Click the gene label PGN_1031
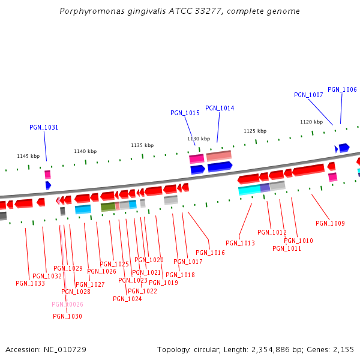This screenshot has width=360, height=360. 44,127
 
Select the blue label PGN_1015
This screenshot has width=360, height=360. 185,113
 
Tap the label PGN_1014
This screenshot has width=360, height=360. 220,108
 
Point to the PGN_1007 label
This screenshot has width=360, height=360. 308,95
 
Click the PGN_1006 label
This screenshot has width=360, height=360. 342,89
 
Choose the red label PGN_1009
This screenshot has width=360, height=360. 330,223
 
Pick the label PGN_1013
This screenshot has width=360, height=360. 240,243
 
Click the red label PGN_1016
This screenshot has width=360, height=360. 210,253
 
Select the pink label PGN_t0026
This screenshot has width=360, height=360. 67,304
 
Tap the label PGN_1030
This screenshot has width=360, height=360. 67,316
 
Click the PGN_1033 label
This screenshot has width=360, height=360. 30,283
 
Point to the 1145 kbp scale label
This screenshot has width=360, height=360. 28,156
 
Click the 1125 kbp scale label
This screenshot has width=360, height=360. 254,131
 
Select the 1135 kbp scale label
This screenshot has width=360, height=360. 142,145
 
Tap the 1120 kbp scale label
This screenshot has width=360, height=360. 311,122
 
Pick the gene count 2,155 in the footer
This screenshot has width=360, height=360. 343,349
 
